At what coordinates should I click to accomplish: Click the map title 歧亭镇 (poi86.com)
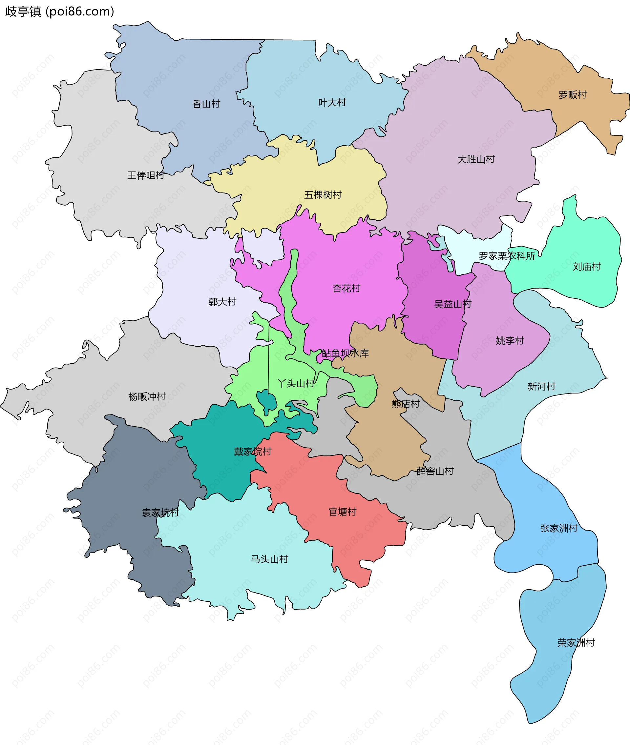pos(60,11)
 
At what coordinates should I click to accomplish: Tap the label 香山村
pos(206,104)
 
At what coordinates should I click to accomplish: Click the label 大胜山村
pos(476,159)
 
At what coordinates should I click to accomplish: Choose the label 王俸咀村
pos(146,175)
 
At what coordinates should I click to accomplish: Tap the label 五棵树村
pos(323,194)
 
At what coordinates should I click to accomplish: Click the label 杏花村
pos(346,288)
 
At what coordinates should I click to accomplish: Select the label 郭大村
pos(222,302)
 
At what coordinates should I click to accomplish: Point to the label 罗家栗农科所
pos(506,256)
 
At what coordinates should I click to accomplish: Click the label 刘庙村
pos(586,267)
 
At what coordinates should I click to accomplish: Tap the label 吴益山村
pos(452,304)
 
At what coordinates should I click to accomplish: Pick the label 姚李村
pos(510,341)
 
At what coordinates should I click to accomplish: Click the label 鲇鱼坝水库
pos(345,353)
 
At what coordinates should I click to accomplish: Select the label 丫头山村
pos(296,383)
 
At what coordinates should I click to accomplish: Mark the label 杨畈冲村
pos(147,396)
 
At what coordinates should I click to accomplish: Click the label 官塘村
pos(342,512)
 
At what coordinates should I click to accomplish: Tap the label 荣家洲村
pos(576,643)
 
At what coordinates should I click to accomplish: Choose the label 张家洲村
pos(558,528)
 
